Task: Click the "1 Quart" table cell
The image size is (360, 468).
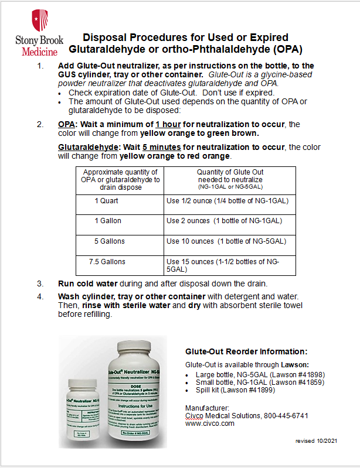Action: [106, 201]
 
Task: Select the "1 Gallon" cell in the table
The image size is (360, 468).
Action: [106, 221]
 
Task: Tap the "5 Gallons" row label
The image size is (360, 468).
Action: [106, 241]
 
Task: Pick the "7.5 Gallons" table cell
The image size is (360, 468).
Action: [106, 261]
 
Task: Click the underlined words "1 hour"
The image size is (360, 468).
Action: [169, 125]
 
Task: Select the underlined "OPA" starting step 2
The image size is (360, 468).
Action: [66, 125]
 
